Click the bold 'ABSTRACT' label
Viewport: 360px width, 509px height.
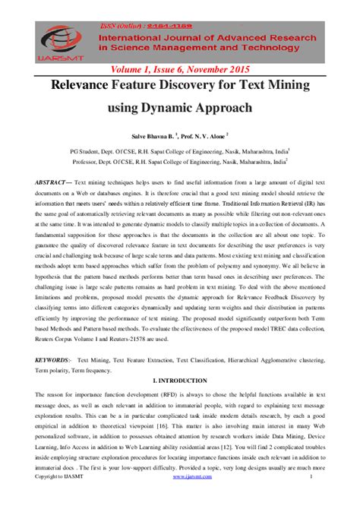(52, 184)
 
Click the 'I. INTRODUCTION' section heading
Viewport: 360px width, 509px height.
(180, 379)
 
